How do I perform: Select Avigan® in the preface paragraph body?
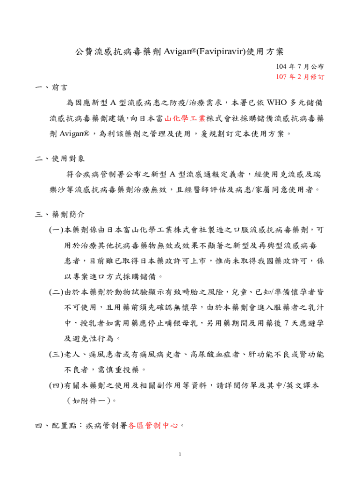pyautogui.click(x=74, y=134)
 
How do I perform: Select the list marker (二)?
pyautogui.click(x=57, y=292)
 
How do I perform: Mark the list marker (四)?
pyautogui.click(x=57, y=386)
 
